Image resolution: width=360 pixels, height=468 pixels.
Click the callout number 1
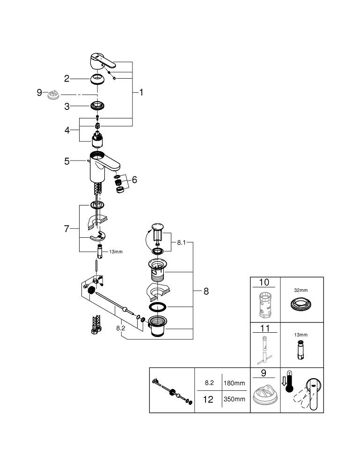(140, 93)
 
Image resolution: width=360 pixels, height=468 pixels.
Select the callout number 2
(66, 78)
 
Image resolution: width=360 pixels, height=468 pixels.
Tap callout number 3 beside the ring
(66, 106)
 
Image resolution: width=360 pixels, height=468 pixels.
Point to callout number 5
(67, 161)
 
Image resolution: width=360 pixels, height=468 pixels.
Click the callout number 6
(134, 179)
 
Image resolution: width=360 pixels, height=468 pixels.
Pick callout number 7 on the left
(66, 229)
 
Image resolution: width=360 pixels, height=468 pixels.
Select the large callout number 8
(206, 291)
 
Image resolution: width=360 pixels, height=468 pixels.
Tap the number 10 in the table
(264, 283)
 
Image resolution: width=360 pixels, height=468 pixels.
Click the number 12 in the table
(207, 399)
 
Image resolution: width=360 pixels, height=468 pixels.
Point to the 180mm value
(234, 383)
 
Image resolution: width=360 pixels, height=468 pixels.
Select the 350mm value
(234, 399)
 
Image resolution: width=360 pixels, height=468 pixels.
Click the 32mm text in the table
(301, 290)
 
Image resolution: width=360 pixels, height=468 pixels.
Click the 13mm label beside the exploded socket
(116, 252)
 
